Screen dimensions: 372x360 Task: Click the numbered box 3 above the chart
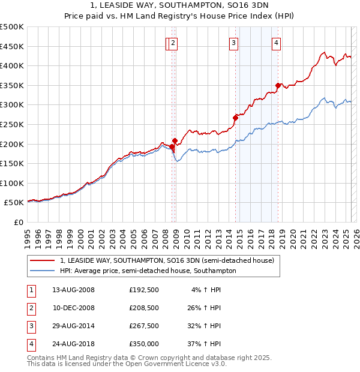coord(233,43)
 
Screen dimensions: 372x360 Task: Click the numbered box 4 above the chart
coord(276,43)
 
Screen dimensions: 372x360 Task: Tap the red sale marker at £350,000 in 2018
coord(278,85)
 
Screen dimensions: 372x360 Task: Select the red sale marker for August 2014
coord(236,118)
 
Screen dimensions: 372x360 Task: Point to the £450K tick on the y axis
coord(13,46)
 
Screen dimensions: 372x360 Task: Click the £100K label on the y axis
coord(13,184)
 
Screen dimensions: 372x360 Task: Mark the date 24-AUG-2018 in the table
coord(73,344)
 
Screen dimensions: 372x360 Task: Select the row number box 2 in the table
coord(30,308)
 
